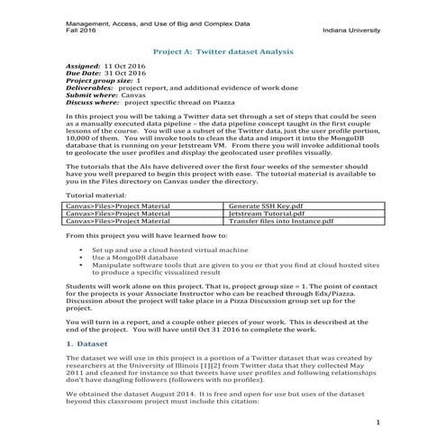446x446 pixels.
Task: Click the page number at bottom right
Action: click(378, 422)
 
